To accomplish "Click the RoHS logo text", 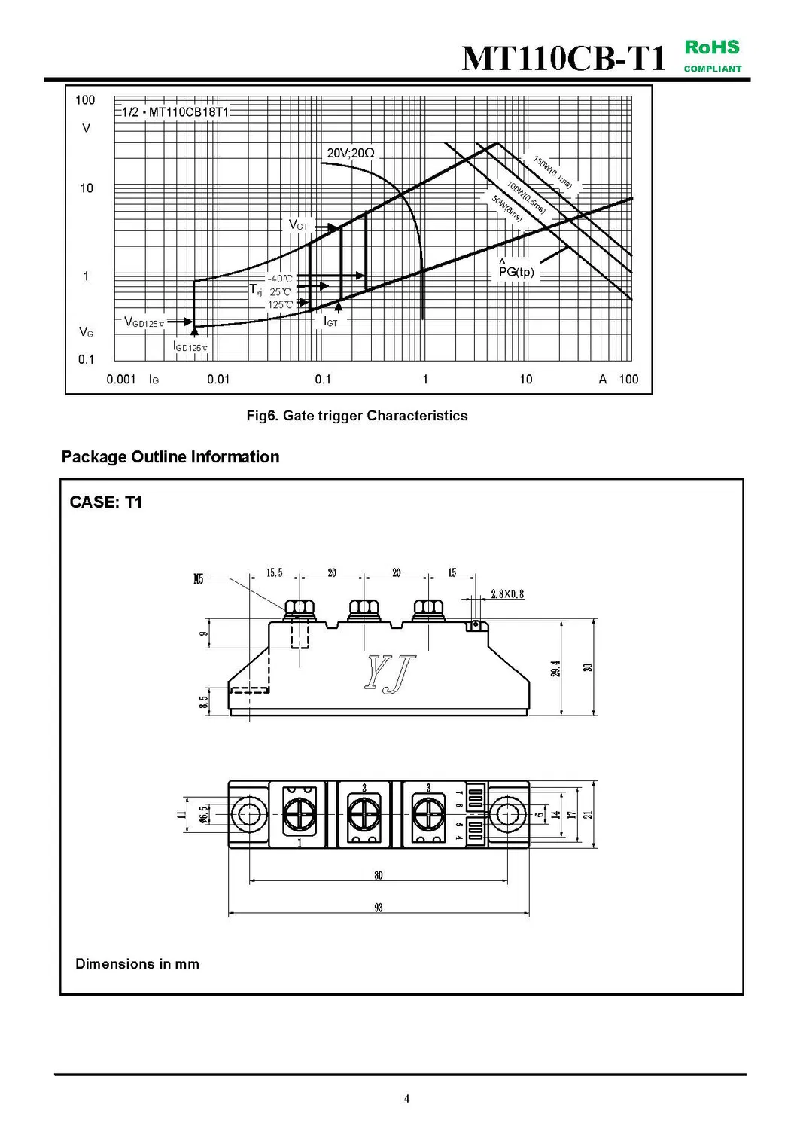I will [712, 47].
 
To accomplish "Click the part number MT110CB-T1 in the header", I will [564, 58].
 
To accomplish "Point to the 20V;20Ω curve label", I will [351, 153].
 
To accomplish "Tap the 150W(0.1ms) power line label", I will [553, 172].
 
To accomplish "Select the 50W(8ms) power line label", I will [507, 208].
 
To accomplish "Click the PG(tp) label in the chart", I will [516, 272].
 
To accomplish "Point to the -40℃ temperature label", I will [280, 279].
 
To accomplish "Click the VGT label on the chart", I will [299, 225].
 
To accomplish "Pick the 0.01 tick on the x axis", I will [218, 380].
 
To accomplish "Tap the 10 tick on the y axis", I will [87, 188].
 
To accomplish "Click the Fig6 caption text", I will [357, 416].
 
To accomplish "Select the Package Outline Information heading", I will [170, 457].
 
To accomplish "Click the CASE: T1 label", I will [106, 502].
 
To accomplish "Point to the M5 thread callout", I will [198, 579].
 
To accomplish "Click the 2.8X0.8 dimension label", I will [507, 594].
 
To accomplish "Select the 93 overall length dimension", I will [379, 908].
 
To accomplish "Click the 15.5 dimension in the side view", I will [275, 573].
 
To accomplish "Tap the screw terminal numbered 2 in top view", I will [364, 814].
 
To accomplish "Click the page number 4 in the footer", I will [407, 1099].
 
